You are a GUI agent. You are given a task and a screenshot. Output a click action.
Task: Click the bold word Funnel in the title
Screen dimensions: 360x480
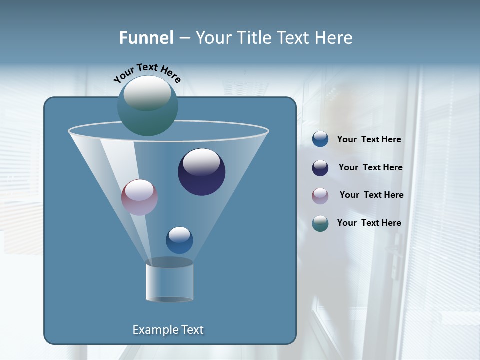(146, 38)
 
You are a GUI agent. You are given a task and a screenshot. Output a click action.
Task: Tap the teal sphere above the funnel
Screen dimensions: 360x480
(147, 106)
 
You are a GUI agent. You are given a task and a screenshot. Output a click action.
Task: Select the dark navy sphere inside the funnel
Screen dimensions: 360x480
(202, 172)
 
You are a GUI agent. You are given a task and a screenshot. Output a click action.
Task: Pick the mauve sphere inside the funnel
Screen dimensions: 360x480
(140, 197)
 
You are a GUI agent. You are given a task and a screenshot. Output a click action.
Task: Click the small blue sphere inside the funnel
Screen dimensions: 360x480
(179, 240)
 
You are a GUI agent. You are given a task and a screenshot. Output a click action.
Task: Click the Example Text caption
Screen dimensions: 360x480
(168, 330)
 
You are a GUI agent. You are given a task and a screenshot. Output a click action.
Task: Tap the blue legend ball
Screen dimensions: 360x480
(320, 139)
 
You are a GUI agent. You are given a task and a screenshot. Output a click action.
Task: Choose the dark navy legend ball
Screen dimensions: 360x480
(320, 168)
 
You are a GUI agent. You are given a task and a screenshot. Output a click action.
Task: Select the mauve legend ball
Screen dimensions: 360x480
(320, 195)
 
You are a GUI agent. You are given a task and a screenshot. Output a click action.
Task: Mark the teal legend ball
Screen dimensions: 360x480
(320, 223)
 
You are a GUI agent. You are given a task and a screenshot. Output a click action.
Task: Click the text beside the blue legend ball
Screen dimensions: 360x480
(369, 140)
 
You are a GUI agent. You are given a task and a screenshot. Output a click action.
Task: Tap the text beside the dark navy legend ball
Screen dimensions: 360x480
(370, 168)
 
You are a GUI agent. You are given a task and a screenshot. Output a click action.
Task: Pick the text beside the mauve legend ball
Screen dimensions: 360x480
(371, 195)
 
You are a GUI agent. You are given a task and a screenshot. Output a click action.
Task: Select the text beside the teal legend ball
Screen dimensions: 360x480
(369, 223)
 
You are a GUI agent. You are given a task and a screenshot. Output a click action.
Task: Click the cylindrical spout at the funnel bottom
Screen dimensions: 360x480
(170, 281)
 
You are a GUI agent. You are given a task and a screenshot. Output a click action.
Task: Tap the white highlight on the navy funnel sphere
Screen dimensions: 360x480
(202, 162)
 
